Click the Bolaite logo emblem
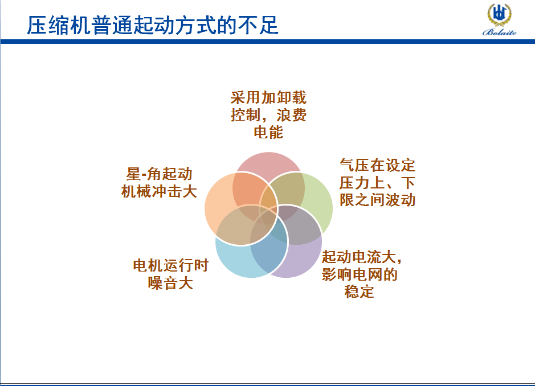coord(499,15)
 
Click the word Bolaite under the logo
coord(500,32)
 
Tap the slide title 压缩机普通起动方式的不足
coord(153,25)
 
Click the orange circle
coord(218,208)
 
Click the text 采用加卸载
coord(268,97)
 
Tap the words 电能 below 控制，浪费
coord(268,132)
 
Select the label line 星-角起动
coord(160,174)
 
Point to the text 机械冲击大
coord(160,191)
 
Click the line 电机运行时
coord(170,265)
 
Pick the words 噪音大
coord(170,283)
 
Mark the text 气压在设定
coord(377,165)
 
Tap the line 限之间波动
coord(377,200)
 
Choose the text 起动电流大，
coord(362,257)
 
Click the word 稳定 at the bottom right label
coord(360,292)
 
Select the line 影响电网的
coord(360,274)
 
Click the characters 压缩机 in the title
coord(58,25)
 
